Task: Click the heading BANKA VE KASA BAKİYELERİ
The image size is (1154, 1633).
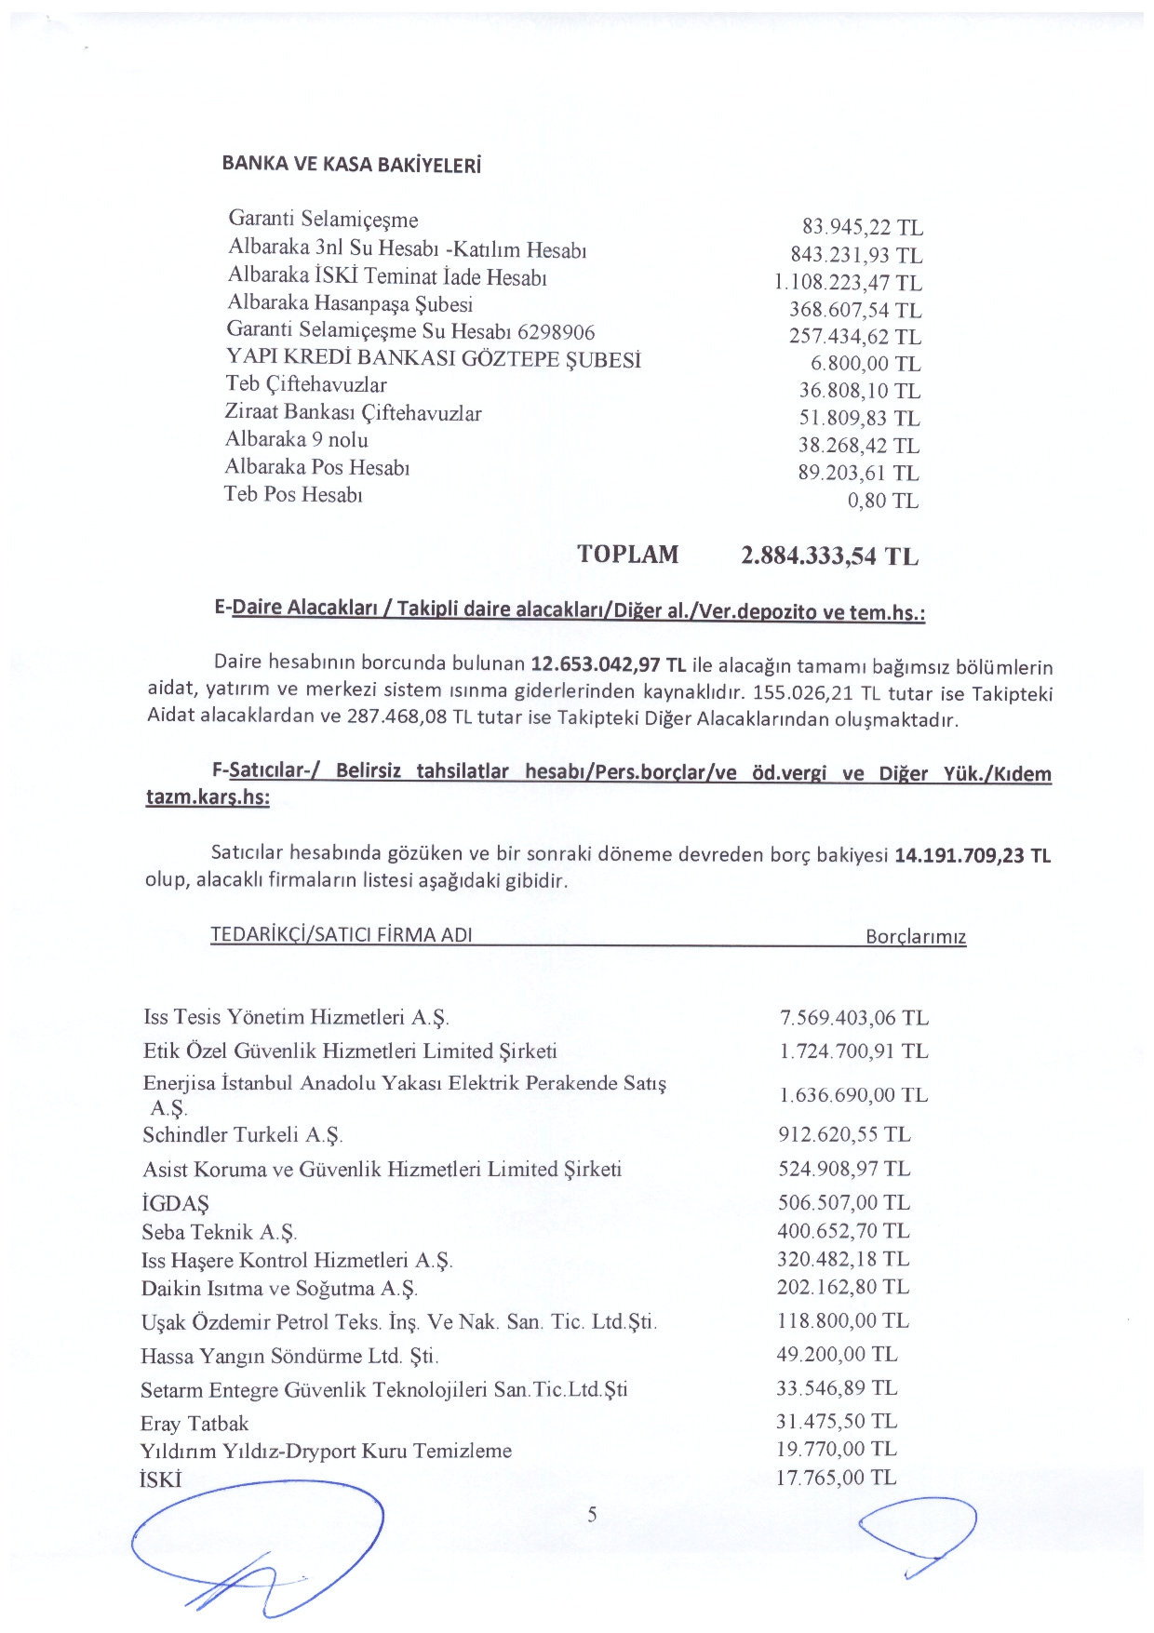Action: click(x=351, y=165)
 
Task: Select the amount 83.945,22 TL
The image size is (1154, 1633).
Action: click(x=862, y=227)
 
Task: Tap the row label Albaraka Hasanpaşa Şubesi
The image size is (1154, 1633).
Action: click(x=350, y=303)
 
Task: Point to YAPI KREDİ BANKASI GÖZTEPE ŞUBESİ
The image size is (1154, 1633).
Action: click(x=434, y=358)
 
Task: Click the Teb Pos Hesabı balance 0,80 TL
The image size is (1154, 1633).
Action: click(x=882, y=501)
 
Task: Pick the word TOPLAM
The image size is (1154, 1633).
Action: click(x=627, y=555)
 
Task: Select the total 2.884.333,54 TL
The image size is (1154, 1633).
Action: click(x=829, y=556)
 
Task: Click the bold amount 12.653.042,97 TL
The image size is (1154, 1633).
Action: click(x=608, y=664)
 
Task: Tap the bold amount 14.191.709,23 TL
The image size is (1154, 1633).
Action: click(x=972, y=855)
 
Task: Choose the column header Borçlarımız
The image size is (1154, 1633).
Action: click(x=916, y=937)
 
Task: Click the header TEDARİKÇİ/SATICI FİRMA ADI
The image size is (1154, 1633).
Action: click(x=342, y=934)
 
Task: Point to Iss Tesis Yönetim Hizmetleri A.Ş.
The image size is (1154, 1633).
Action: click(x=296, y=1017)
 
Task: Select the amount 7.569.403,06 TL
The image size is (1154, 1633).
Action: click(x=853, y=1018)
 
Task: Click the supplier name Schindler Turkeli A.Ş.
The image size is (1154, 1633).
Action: click(x=243, y=1135)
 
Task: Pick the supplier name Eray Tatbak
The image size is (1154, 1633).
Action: click(x=195, y=1424)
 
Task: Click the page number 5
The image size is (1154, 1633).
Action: click(x=593, y=1515)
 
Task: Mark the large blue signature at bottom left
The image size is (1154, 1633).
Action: click(x=259, y=1545)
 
